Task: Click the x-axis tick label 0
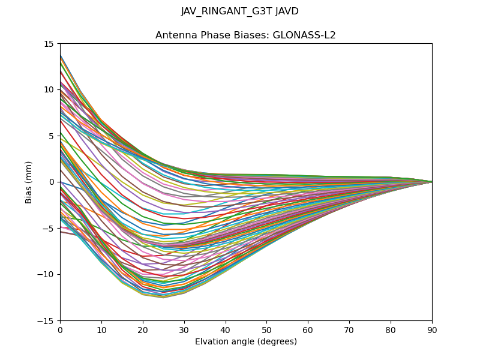tap(60, 329)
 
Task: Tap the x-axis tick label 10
tap(101, 329)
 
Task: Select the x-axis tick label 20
tap(143, 329)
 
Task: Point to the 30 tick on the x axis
tap(184, 329)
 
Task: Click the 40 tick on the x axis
tap(226, 329)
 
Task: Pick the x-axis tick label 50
tap(266, 329)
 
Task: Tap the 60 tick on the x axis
tap(308, 329)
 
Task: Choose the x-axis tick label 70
tap(349, 329)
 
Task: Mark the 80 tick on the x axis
tap(391, 329)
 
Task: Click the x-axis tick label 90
tap(432, 329)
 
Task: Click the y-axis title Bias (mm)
tap(29, 182)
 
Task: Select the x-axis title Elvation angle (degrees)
tap(246, 342)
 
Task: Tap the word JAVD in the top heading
tap(286, 11)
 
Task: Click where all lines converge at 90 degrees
tap(431, 182)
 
